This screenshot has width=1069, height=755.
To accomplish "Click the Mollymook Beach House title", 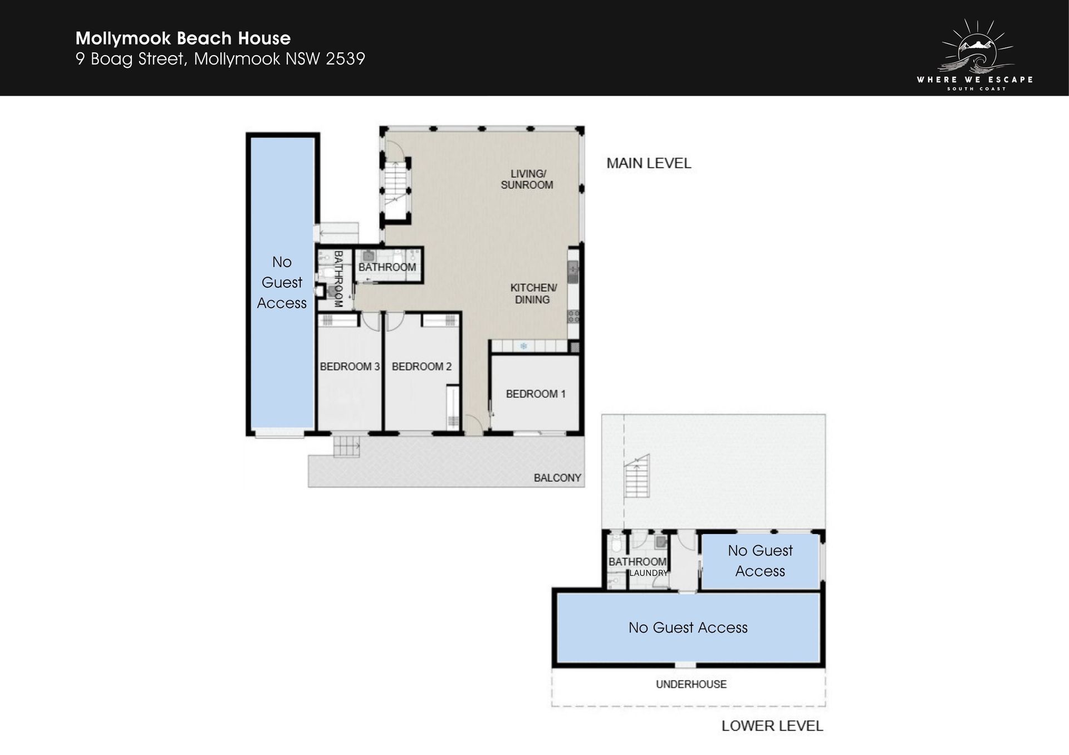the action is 183,38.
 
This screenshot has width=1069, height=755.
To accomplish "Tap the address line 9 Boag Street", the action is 220,59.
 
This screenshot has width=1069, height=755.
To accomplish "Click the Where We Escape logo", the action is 975,55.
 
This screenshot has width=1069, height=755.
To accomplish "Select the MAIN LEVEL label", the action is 649,163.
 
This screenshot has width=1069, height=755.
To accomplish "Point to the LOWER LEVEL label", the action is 772,726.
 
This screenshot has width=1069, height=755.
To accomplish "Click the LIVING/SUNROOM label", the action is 527,179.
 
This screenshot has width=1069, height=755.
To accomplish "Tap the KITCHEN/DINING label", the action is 533,293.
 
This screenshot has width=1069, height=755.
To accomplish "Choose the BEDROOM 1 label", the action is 536,394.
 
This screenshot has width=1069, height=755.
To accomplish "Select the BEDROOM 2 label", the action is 421,366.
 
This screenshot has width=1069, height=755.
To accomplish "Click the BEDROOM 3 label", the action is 350,366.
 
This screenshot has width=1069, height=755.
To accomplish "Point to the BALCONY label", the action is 557,478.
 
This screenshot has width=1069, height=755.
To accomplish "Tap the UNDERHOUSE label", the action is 691,684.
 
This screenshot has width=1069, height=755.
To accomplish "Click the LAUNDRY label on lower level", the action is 649,573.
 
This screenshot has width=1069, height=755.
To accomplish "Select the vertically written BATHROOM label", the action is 337,279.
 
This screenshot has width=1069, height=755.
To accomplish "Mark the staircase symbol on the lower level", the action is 638,477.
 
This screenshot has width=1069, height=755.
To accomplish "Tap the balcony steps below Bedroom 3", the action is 347,447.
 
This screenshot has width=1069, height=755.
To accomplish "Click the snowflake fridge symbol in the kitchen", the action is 523,346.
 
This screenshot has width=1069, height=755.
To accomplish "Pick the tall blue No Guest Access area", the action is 282,283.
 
